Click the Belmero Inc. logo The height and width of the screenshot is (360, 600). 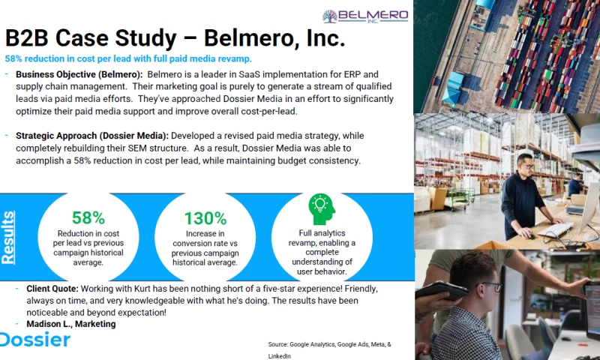tap(365, 16)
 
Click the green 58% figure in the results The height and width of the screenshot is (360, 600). tap(88, 218)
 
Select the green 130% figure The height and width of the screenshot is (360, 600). tap(205, 218)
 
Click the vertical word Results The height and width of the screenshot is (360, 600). tap(8, 236)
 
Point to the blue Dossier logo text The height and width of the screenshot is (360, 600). tap(34, 340)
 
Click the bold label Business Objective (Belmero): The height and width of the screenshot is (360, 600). tap(79, 75)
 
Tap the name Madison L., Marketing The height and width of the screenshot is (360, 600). tap(71, 324)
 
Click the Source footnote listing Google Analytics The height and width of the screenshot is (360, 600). tap(329, 344)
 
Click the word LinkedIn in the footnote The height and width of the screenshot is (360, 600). tap(279, 355)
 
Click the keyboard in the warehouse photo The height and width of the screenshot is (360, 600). tap(556, 227)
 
